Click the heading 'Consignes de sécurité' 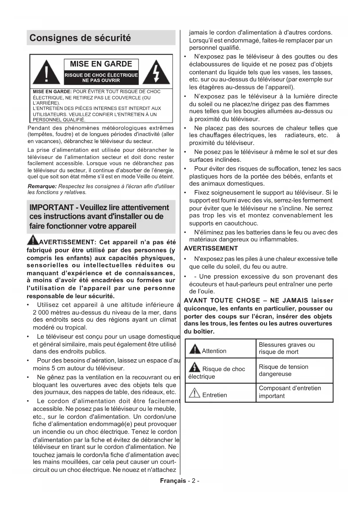80,38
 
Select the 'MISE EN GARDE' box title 101,64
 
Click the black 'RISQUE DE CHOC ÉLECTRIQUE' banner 101,77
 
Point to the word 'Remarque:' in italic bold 42,186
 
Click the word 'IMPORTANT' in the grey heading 51,207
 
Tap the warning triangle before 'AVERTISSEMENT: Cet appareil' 33,240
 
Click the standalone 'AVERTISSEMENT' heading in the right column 211,248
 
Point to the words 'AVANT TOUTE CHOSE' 222,301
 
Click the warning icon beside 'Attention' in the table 195,349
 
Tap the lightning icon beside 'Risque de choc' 194,368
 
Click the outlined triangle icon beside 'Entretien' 194,393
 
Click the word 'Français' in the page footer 173,481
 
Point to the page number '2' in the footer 193,481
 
